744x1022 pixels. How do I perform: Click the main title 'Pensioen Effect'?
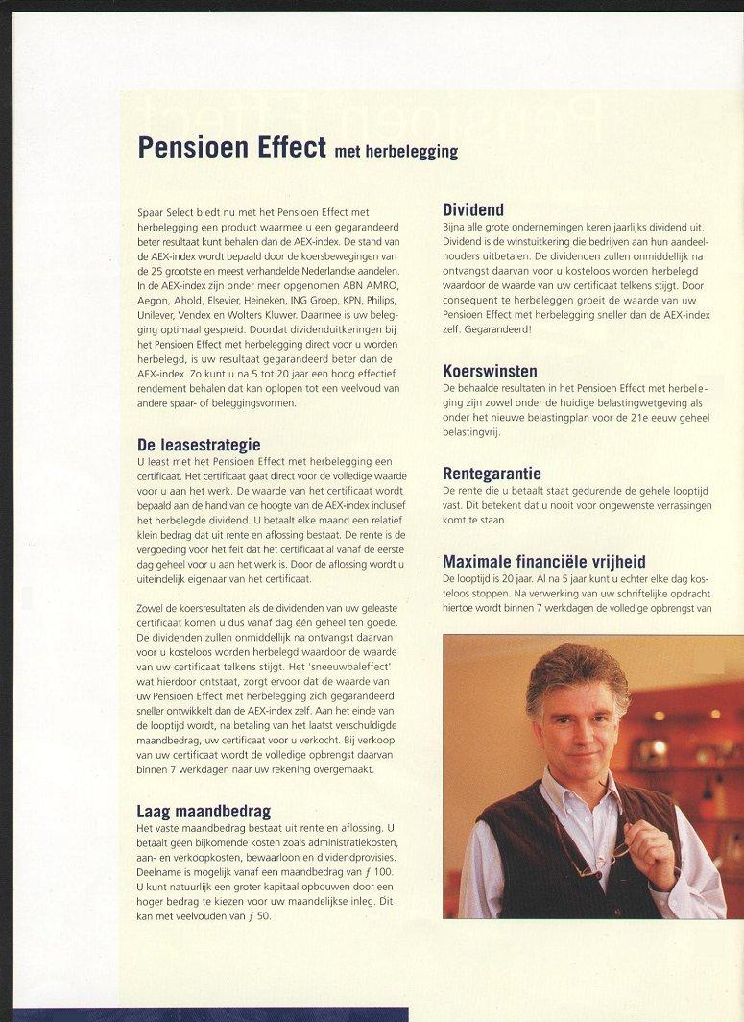click(x=232, y=147)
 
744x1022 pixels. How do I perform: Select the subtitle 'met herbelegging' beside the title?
click(x=396, y=152)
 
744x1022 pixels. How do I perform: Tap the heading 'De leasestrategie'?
click(x=199, y=445)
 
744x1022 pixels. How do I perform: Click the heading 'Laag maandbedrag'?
click(x=203, y=812)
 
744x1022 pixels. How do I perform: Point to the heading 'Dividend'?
click(x=473, y=209)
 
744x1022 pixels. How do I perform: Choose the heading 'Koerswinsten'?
click(x=490, y=371)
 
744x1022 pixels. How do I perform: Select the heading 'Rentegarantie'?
click(x=492, y=474)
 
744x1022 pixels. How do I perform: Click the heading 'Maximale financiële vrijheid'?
click(x=543, y=562)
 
